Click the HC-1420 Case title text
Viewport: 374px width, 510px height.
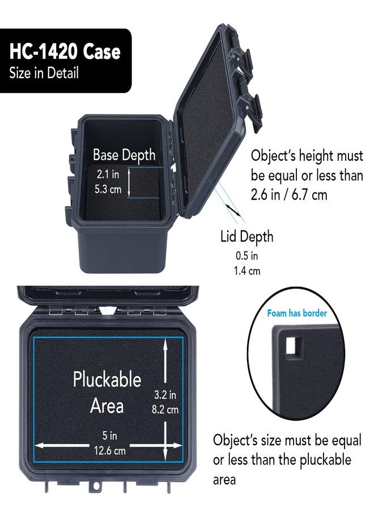tap(65, 52)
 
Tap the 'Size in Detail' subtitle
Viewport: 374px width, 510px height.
tap(44, 73)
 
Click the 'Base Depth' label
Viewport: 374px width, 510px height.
tap(124, 155)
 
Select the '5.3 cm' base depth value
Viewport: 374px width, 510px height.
tap(108, 189)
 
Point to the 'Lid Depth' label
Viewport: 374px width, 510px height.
tap(247, 236)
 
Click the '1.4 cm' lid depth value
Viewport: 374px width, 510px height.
tap(247, 271)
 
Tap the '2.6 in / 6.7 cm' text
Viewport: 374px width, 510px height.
tap(289, 194)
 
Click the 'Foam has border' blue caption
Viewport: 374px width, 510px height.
tap(297, 313)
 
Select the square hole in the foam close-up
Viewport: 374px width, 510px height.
tap(294, 345)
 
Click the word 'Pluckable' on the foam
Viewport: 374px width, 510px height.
tap(107, 380)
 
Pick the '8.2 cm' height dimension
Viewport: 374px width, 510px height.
tap(165, 410)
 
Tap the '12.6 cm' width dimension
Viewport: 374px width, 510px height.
tap(110, 451)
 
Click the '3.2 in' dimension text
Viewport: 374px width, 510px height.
tap(165, 395)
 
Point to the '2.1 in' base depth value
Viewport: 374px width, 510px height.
tap(108, 175)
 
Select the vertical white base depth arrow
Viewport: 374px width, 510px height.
tap(129, 182)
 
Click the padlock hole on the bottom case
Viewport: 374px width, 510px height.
tap(96, 486)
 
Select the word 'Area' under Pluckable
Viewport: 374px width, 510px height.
tap(107, 406)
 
